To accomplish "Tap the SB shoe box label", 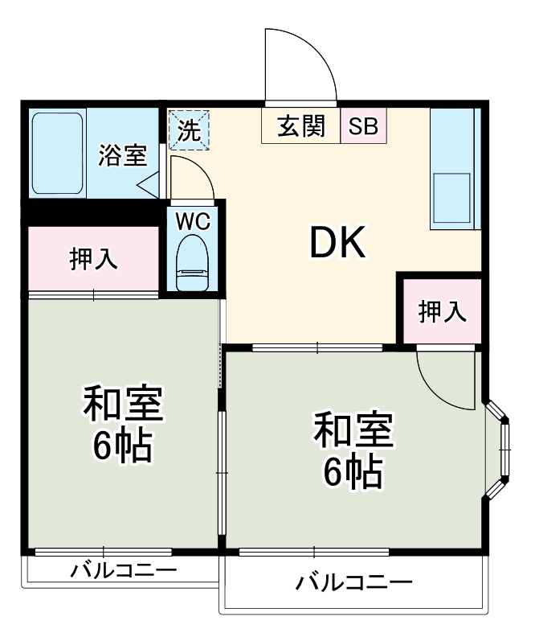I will point(362,127).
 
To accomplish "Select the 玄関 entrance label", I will point(301,127).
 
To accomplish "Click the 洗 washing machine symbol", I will point(188,130).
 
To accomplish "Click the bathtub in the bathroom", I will point(57,154).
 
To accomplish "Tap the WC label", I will point(194,221).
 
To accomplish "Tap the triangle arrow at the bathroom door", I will point(149,187).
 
